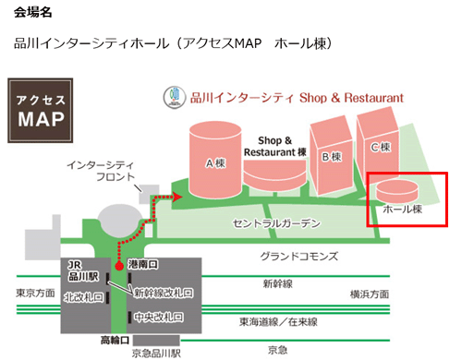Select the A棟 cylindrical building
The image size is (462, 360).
pos(215,157)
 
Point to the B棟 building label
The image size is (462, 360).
pos(331,157)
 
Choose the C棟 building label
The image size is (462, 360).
pos(380,148)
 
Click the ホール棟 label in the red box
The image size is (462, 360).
pos(402,210)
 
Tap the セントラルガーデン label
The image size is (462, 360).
pos(277,224)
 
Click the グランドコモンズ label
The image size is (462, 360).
pos(298,258)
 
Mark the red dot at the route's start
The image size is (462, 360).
pos(118,266)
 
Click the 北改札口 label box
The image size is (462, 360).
pos(84,297)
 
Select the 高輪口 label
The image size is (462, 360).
pos(117,340)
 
